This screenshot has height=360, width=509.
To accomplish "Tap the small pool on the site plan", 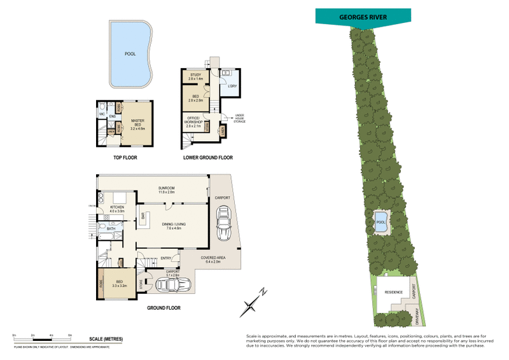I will (x=381, y=223).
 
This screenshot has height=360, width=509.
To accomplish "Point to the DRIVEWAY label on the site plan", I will (x=417, y=316).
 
